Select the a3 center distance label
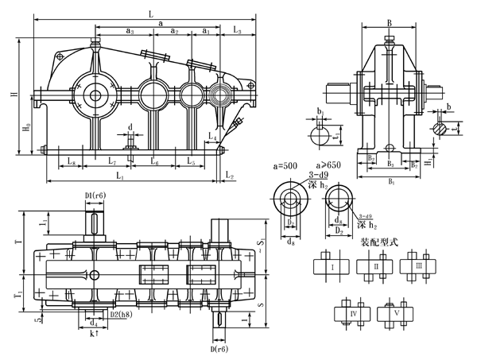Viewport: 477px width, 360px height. [130, 31]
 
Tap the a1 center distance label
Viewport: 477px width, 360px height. [205, 31]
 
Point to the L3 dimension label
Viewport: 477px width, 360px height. [237, 30]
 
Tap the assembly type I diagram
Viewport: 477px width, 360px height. [333, 268]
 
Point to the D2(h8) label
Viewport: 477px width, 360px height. [120, 316]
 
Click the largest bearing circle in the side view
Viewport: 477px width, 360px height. [95, 96]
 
